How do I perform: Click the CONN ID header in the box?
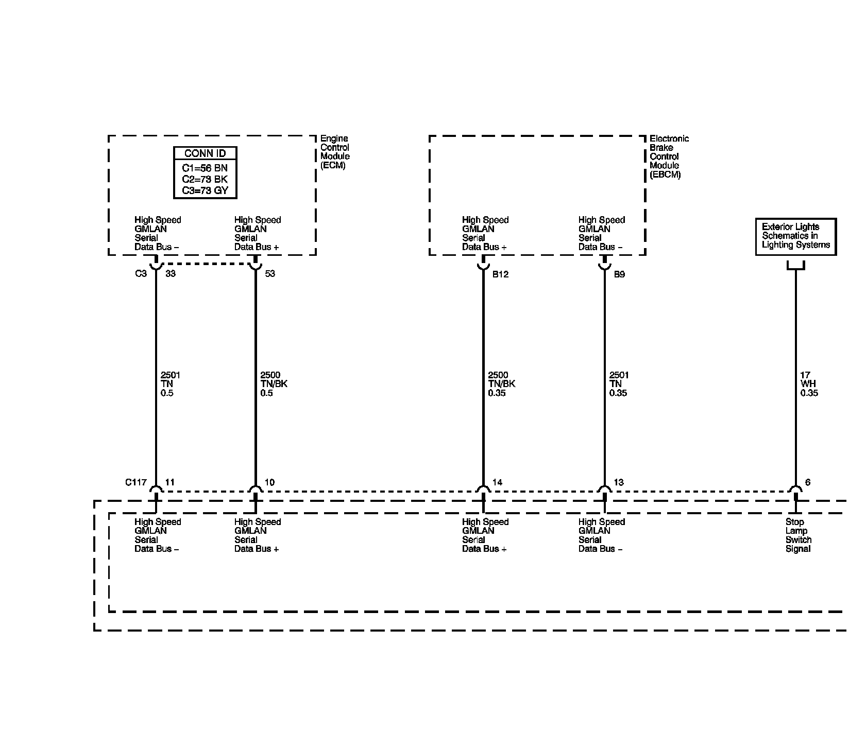(x=205, y=153)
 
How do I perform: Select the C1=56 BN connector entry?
(x=205, y=168)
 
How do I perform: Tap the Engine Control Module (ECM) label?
(x=334, y=152)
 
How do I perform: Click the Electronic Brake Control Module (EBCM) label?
(x=668, y=156)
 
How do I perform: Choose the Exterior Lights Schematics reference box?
(x=795, y=236)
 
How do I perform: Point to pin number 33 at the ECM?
(x=171, y=274)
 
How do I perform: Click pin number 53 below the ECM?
(x=270, y=274)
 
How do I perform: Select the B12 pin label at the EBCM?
(x=500, y=274)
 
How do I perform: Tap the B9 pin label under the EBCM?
(x=619, y=274)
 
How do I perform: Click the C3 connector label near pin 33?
(x=141, y=274)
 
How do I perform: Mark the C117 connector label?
(x=136, y=483)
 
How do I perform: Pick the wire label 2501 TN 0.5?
(x=170, y=384)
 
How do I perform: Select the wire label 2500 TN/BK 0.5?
(x=274, y=384)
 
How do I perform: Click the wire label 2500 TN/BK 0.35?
(x=501, y=384)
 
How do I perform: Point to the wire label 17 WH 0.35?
(x=809, y=384)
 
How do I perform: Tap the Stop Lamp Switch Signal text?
(x=798, y=535)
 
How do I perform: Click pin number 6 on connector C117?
(x=808, y=483)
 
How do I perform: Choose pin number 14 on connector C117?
(x=497, y=483)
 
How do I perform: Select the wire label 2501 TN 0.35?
(x=619, y=384)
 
